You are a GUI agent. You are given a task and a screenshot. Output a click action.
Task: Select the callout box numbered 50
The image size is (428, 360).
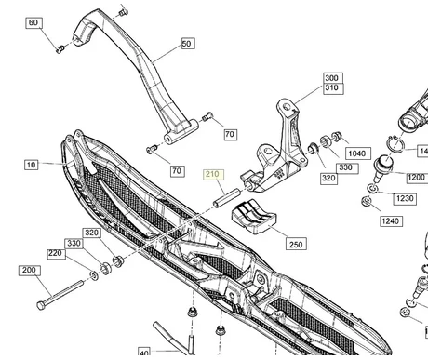187,44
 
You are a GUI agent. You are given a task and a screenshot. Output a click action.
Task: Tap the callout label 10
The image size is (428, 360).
31,165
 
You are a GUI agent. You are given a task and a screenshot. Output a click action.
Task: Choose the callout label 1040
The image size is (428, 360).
356,153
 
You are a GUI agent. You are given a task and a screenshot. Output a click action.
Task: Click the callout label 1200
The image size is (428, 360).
415,177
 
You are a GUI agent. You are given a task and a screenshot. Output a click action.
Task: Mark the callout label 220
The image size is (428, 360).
56,253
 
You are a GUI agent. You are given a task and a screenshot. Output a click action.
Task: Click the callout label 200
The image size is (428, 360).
27,270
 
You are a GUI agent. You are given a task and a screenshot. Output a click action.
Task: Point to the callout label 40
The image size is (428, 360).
143,353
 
